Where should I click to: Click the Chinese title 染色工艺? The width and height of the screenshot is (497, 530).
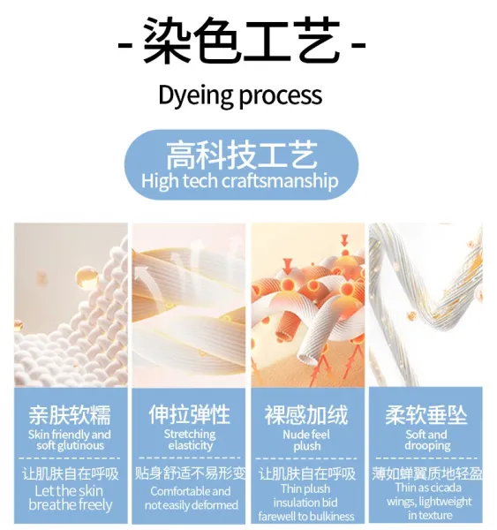(242, 42)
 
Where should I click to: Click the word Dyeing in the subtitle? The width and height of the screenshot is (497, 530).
(196, 95)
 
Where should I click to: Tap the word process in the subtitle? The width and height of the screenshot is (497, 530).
(281, 96)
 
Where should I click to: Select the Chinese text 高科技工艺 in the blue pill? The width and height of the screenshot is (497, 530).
(242, 155)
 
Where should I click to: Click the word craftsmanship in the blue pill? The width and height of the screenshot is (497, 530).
(280, 181)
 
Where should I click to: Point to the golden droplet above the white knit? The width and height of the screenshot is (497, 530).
(87, 278)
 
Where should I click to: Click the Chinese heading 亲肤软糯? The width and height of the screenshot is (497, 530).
(70, 415)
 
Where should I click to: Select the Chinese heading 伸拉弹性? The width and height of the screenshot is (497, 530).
(190, 414)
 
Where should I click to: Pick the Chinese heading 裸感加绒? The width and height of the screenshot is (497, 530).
(306, 415)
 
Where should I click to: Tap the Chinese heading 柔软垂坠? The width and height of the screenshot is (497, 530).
(426, 415)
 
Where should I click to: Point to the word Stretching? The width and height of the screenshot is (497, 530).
(190, 434)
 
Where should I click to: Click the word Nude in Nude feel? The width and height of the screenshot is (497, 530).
(294, 435)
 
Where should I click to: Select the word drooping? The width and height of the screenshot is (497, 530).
(427, 446)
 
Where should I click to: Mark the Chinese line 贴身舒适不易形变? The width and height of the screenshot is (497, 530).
(190, 473)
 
